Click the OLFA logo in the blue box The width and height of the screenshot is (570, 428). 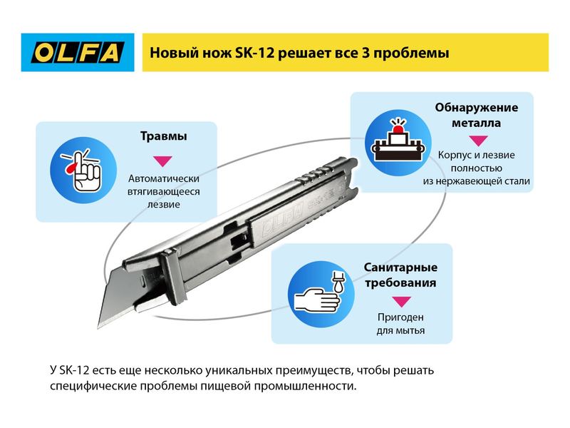[78, 52]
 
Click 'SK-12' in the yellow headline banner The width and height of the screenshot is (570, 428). [256, 53]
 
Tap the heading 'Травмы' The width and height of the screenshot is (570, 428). [164, 136]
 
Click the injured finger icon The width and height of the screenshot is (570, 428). [83, 170]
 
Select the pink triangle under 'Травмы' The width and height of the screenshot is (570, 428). [162, 161]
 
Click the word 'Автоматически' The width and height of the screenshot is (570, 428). [164, 179]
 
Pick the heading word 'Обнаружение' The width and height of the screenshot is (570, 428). [476, 108]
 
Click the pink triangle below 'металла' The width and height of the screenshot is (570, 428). [478, 141]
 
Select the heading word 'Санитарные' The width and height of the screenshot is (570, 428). [400, 267]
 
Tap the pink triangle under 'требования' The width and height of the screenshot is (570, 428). [402, 301]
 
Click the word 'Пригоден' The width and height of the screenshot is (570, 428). [400, 317]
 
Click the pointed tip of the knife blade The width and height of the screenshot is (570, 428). [98, 327]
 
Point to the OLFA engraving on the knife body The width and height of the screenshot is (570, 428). [282, 218]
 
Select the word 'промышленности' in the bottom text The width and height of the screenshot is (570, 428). [305, 386]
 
